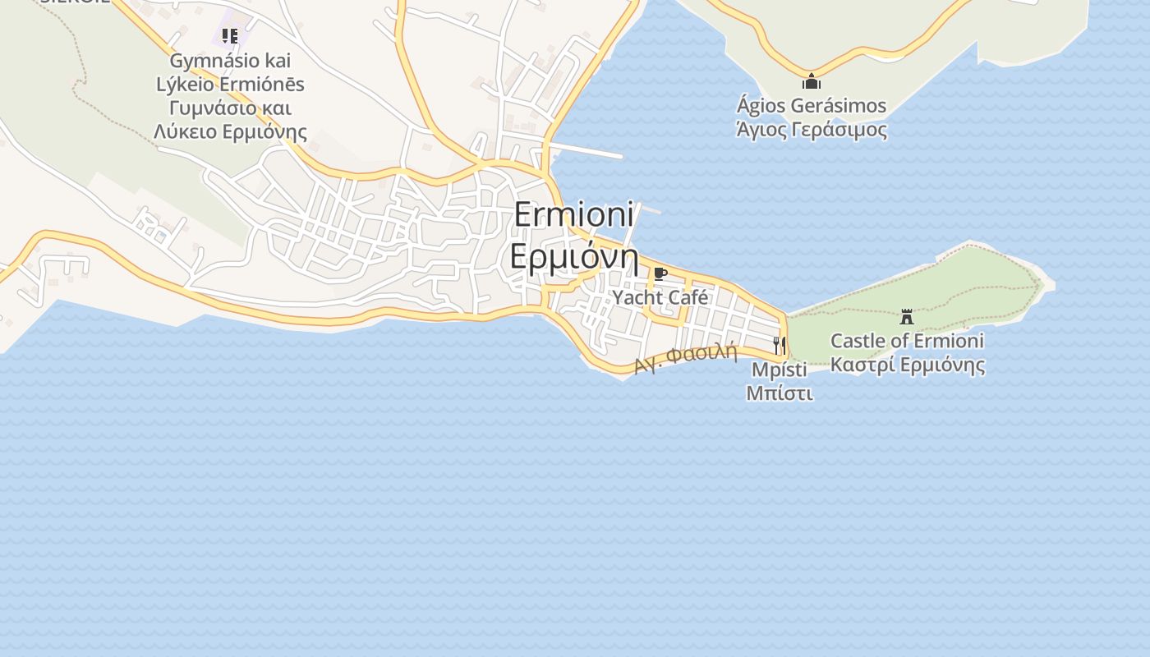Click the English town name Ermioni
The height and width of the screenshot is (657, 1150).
[574, 214]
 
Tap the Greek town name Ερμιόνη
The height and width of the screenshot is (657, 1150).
[574, 256]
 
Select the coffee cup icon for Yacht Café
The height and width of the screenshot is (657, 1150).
[660, 273]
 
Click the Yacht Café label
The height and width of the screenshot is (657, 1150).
[660, 297]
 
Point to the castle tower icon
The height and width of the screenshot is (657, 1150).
[907, 316]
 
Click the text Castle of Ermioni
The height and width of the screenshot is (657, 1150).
[907, 340]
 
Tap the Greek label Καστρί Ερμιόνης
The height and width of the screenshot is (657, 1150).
[907, 365]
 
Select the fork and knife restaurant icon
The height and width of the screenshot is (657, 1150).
[779, 345]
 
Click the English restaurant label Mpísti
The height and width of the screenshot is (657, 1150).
[779, 370]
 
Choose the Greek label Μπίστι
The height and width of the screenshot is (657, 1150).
[779, 393]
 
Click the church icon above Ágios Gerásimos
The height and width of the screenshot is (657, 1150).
[812, 81]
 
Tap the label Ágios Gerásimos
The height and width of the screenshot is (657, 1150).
[812, 106]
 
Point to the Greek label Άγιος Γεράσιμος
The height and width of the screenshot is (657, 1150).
[812, 130]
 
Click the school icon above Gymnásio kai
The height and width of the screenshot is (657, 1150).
[230, 36]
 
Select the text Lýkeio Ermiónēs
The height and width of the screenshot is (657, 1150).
[230, 84]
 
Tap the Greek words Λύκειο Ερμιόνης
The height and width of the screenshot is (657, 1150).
[230, 131]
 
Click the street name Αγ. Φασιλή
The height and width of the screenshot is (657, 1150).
[685, 358]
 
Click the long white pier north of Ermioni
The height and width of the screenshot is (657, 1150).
[588, 152]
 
